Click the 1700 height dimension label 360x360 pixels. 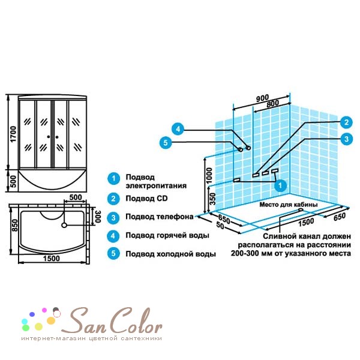click(x=13, y=134)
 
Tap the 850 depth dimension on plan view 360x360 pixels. click(x=14, y=225)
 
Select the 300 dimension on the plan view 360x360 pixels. click(x=98, y=216)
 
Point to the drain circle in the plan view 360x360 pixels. click(x=64, y=225)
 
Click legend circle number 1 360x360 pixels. click(x=113, y=178)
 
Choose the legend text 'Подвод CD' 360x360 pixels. click(x=146, y=199)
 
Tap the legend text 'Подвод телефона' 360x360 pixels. click(x=160, y=217)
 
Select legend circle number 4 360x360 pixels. click(x=113, y=236)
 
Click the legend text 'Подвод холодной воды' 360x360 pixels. click(x=170, y=254)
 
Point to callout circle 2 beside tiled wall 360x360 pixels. click(x=346, y=122)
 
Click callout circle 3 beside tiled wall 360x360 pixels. click(x=346, y=139)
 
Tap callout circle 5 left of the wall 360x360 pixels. click(x=166, y=143)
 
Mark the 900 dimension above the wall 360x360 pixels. click(x=262, y=98)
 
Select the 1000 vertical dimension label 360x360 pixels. click(x=209, y=175)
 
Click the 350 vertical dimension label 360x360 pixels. click(x=213, y=199)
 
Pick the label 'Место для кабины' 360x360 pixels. click(x=289, y=205)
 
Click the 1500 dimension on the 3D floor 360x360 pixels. click(x=306, y=222)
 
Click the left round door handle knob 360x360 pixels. click(x=49, y=137)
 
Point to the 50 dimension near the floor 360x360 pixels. click(x=220, y=226)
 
